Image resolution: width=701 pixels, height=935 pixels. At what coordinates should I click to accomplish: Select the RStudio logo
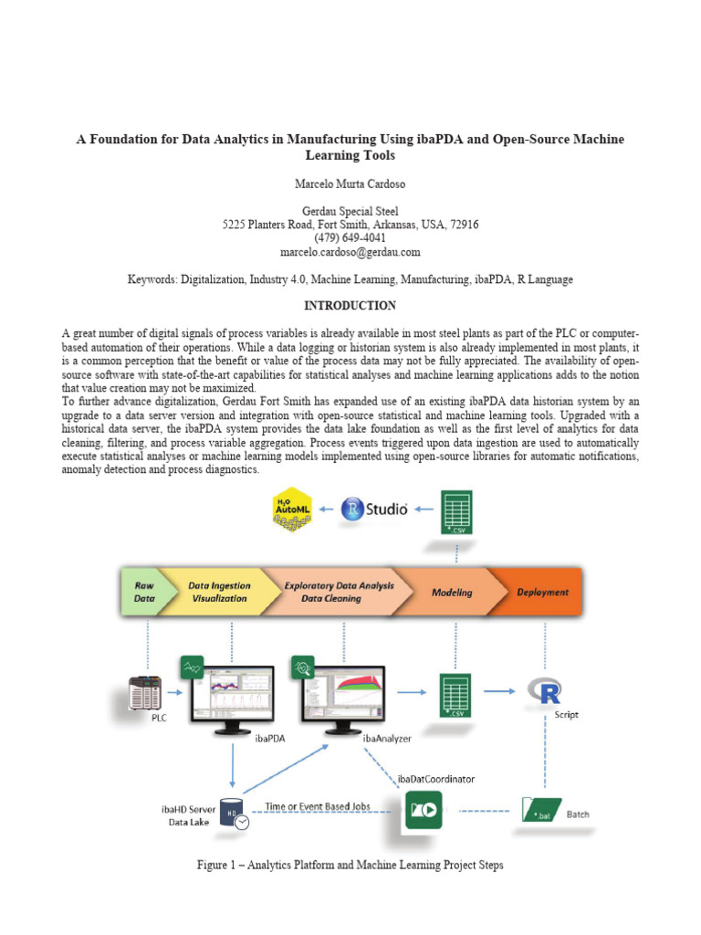(374, 509)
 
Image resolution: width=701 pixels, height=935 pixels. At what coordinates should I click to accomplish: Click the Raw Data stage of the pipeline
(144, 592)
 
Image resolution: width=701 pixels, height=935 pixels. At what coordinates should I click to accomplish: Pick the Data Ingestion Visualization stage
(219, 592)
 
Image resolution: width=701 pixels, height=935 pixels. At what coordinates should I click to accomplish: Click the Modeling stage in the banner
(452, 592)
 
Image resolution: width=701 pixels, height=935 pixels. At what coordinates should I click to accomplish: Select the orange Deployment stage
(542, 592)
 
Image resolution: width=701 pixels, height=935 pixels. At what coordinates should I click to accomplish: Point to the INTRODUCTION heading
(350, 305)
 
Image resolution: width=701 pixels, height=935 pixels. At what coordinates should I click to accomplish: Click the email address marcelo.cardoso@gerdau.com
(350, 251)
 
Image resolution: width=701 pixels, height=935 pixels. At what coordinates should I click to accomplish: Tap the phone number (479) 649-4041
(350, 237)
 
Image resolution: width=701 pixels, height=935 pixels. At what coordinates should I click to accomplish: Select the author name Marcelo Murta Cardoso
(350, 184)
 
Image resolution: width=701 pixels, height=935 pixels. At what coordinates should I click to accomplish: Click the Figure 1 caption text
(350, 865)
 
